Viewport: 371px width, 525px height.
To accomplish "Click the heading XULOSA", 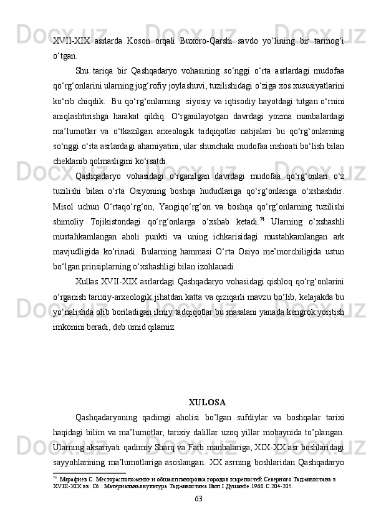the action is [206, 402].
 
